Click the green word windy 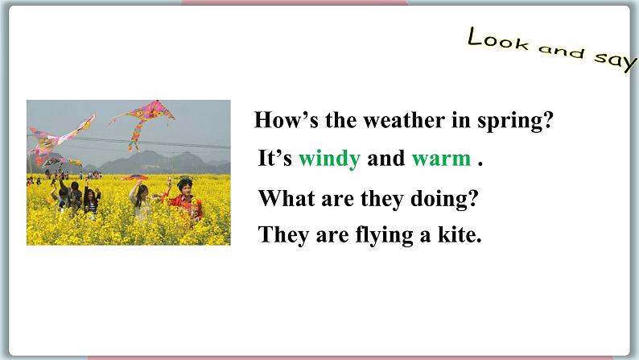point(328,159)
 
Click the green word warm point(440,159)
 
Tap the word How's point(281,121)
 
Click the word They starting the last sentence point(281,235)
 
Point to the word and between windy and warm point(385,159)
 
